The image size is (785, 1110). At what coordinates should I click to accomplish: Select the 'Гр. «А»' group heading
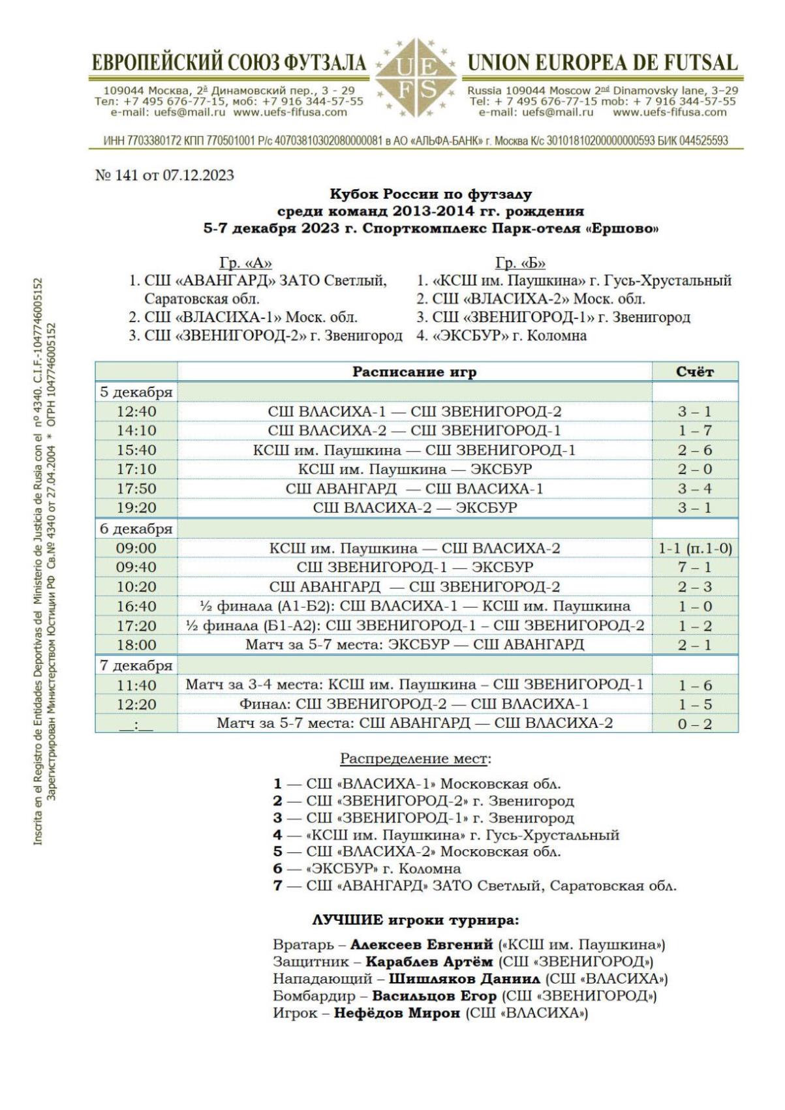tap(245, 263)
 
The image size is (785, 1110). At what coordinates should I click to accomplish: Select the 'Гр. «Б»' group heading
tap(520, 263)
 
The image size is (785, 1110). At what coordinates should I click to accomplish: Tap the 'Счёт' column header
tap(694, 372)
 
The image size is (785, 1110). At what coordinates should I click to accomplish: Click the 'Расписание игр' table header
tap(414, 372)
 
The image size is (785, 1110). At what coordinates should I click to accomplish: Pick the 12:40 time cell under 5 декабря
tap(136, 412)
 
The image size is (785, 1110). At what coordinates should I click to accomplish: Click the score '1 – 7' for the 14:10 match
tap(694, 430)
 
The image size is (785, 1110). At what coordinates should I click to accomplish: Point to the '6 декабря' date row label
tap(136, 528)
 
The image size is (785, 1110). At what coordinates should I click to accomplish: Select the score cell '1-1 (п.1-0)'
tap(695, 548)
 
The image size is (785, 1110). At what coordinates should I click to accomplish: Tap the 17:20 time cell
tap(136, 626)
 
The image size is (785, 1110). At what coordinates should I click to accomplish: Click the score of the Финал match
tap(694, 704)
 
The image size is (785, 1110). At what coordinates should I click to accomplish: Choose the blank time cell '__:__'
tap(136, 724)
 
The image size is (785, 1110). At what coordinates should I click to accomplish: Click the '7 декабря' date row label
tap(136, 665)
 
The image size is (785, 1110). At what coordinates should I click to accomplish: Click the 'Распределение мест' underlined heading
tap(414, 759)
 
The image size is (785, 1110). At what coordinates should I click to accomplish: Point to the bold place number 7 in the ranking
tap(278, 886)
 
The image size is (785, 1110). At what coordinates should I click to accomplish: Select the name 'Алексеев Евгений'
tap(421, 944)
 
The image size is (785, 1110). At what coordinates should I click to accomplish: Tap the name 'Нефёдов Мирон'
tap(397, 1013)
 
